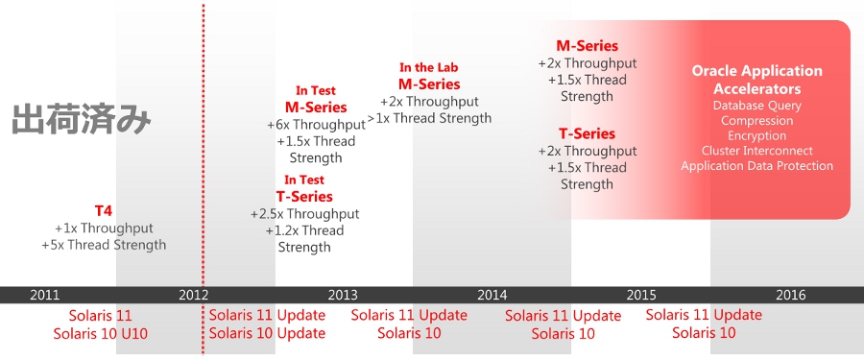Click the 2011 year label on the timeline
44,295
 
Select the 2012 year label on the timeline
193,295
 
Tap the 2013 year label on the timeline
343,295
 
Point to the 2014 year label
492,295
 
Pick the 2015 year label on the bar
641,295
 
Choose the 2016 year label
791,295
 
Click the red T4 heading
103,210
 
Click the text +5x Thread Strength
104,245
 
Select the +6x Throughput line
316,125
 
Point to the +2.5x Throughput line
304,213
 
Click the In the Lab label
429,68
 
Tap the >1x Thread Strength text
429,117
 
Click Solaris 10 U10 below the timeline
100,333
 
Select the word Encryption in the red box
756,135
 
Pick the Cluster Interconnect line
756,151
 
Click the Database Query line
756,106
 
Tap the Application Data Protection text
756,165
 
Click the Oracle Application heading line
756,71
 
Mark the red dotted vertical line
203,180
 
